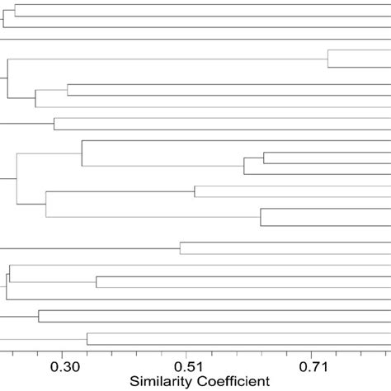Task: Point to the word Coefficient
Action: tap(234, 381)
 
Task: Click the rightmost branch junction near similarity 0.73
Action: tap(327, 59)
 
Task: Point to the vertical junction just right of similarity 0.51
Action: tap(195, 191)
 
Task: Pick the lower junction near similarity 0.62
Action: tap(261, 217)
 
